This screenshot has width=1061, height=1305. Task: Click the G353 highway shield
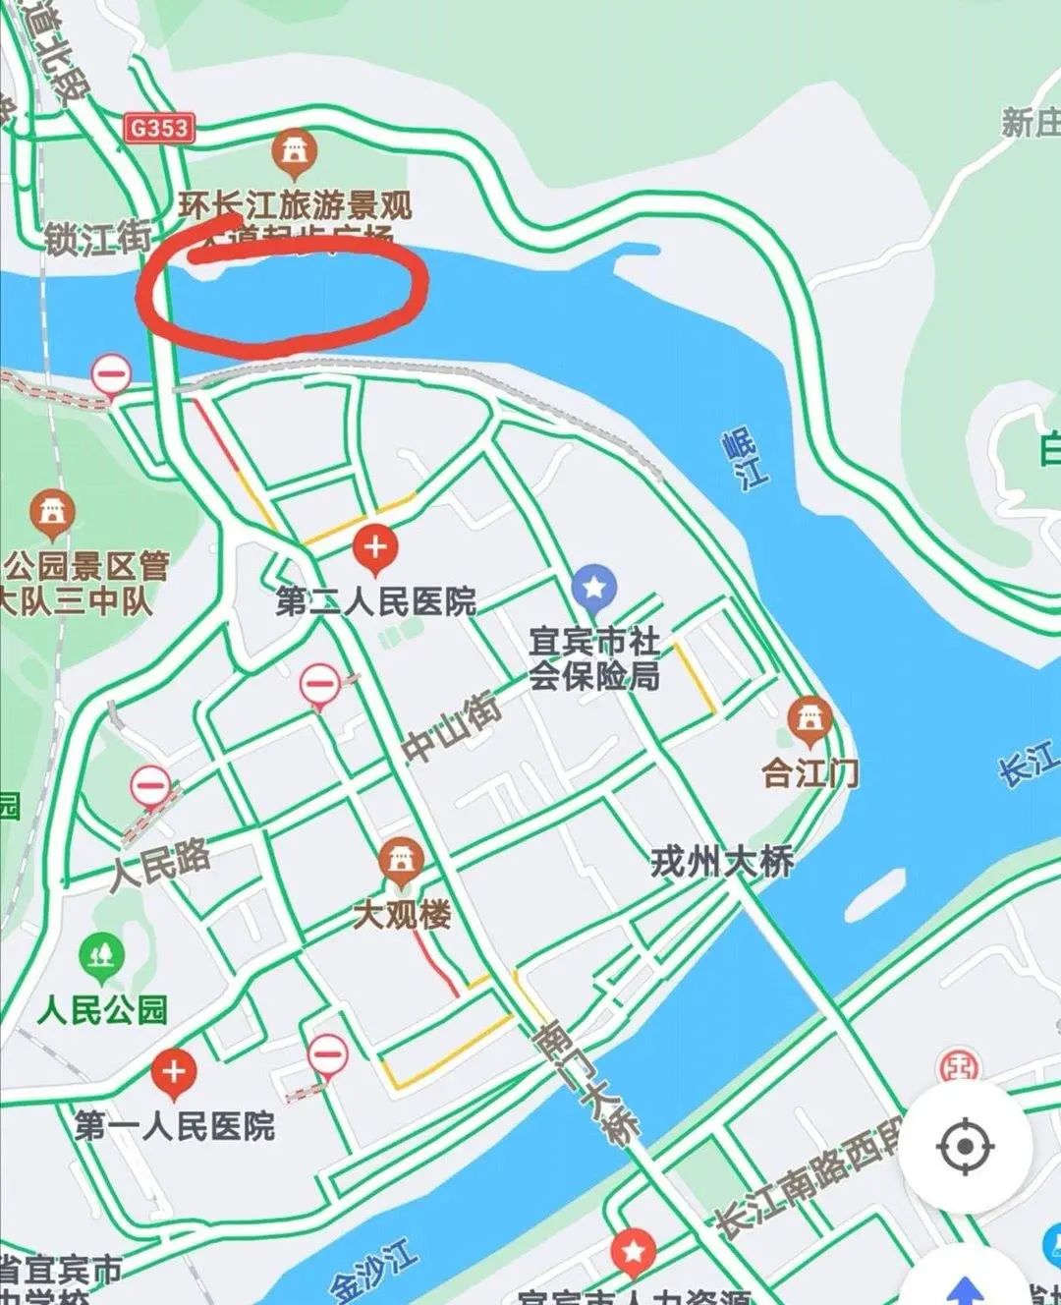[160, 128]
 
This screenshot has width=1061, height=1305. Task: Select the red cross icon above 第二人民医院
[374, 547]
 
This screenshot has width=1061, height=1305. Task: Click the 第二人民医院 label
[375, 600]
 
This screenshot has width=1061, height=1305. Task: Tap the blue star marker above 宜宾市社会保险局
[593, 588]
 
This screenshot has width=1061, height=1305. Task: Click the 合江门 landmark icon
[810, 721]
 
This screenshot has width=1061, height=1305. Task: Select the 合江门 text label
[810, 772]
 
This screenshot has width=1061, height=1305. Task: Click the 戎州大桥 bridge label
[722, 862]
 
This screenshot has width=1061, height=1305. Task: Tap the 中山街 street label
[452, 727]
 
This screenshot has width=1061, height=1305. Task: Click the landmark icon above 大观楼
[401, 862]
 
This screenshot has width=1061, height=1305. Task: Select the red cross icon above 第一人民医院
[174, 1072]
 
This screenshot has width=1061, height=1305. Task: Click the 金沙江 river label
[373, 1272]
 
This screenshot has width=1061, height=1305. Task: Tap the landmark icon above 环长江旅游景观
[294, 151]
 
